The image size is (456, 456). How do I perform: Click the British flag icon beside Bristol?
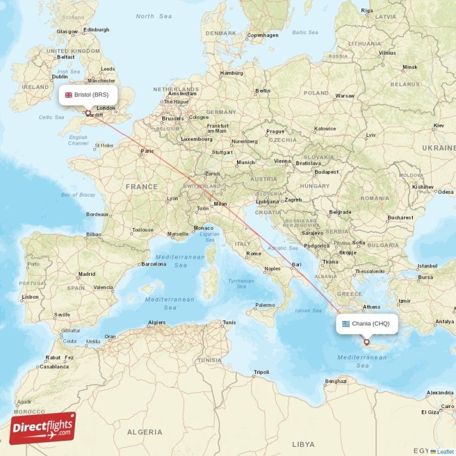tap(68, 95)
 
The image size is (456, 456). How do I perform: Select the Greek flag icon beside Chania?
tap(345, 324)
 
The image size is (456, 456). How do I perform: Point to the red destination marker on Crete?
tap(367, 343)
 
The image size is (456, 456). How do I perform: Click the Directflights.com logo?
tap(43, 427)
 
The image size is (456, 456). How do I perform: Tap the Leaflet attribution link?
tap(445, 451)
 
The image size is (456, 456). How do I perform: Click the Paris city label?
tap(148, 151)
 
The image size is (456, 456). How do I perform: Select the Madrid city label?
tap(87, 274)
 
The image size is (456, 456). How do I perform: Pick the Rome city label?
tap(254, 253)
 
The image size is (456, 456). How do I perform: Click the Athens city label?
tap(372, 307)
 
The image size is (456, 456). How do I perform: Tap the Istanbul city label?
tap(427, 266)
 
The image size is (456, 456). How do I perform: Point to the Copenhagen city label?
tap(263, 35)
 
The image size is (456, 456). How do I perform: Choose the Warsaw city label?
tap(345, 96)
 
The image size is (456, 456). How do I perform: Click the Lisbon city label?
tap(30, 297)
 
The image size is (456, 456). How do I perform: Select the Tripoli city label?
tap(261, 372)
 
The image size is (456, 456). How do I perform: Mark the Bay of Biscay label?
tap(78, 195)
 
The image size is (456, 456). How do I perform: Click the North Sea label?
tap(154, 17)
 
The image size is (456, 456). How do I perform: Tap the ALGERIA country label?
tap(144, 432)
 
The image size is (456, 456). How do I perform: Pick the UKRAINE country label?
tap(438, 148)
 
